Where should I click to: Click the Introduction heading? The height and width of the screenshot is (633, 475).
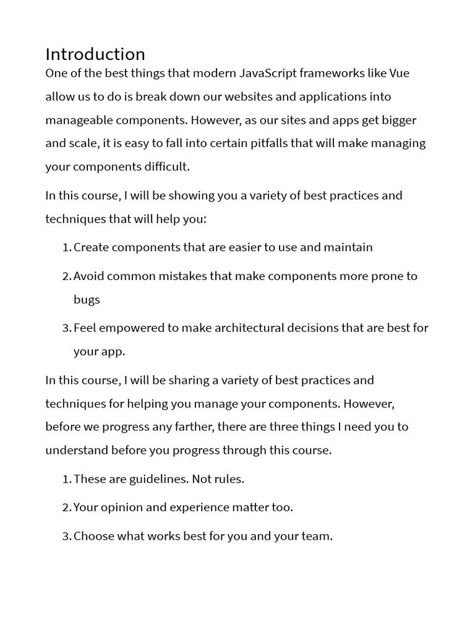click(x=95, y=54)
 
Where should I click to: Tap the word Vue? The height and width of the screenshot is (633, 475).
click(x=398, y=74)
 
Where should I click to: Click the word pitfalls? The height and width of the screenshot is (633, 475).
click(x=263, y=143)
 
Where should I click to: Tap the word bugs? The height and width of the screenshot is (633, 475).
click(x=87, y=299)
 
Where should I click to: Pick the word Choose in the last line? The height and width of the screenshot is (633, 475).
click(x=93, y=536)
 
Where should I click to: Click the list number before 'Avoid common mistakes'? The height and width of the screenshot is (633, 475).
click(x=67, y=276)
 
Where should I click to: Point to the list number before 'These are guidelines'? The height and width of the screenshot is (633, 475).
click(x=67, y=479)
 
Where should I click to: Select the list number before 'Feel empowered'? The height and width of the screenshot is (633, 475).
click(x=67, y=328)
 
